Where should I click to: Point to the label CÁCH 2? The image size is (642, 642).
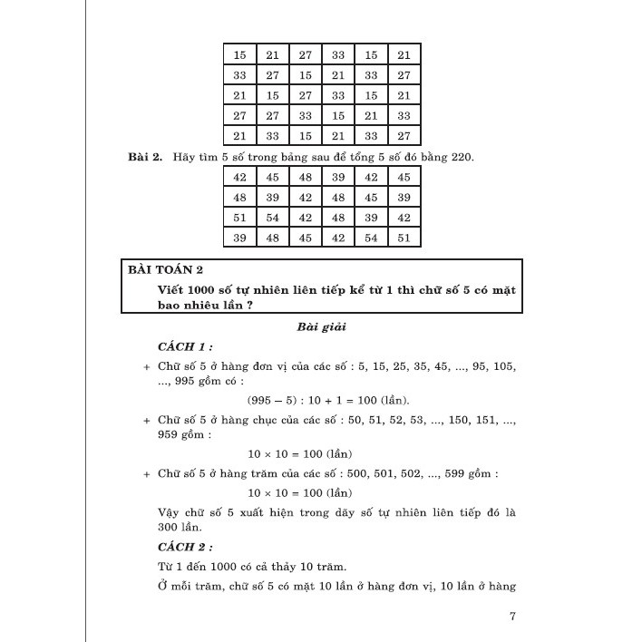(x=185, y=547)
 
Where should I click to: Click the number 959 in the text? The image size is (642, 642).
(x=169, y=434)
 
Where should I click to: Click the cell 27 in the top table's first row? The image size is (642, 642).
(x=306, y=55)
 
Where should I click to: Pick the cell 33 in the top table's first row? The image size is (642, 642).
(x=338, y=55)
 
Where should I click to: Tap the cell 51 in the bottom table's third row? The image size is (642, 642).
(x=239, y=218)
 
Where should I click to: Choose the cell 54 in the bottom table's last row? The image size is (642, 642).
(x=371, y=238)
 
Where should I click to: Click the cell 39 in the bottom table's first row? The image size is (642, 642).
(x=338, y=178)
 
